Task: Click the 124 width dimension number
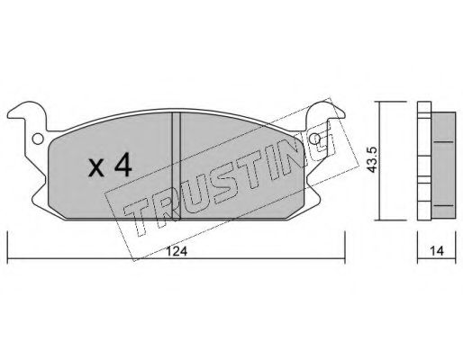click(x=177, y=251)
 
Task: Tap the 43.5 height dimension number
click(x=372, y=159)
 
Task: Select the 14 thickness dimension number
click(x=437, y=251)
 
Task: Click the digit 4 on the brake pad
click(x=123, y=165)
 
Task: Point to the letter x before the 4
click(x=96, y=169)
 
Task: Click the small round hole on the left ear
click(x=38, y=139)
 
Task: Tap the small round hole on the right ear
click(x=315, y=139)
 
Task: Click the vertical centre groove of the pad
click(x=177, y=166)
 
